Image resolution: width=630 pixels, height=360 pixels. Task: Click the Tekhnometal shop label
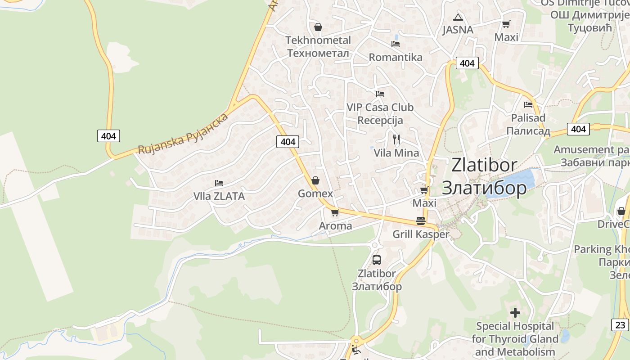318,46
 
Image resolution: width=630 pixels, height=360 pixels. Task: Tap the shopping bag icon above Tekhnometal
318,27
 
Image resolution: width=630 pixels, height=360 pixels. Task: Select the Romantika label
396,57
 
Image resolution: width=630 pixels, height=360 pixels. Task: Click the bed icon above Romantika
396,44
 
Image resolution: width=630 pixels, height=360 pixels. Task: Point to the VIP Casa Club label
380,114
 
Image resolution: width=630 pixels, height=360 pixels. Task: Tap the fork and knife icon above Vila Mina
396,139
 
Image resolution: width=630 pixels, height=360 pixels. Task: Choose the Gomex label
315,193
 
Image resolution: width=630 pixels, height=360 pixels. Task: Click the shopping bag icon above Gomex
315,180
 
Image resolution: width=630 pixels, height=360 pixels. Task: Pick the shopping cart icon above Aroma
335,212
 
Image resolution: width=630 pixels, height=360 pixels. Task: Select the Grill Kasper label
421,234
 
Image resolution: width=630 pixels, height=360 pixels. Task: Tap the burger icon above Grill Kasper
421,221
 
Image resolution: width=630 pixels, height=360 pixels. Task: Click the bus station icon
377,260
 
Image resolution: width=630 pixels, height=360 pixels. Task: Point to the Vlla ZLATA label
219,196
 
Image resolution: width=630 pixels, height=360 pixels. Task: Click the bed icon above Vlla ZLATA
219,183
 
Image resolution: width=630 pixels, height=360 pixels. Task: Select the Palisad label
528,124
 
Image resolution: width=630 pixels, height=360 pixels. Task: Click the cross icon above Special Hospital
515,312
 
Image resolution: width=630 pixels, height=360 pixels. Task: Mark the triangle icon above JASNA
458,18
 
